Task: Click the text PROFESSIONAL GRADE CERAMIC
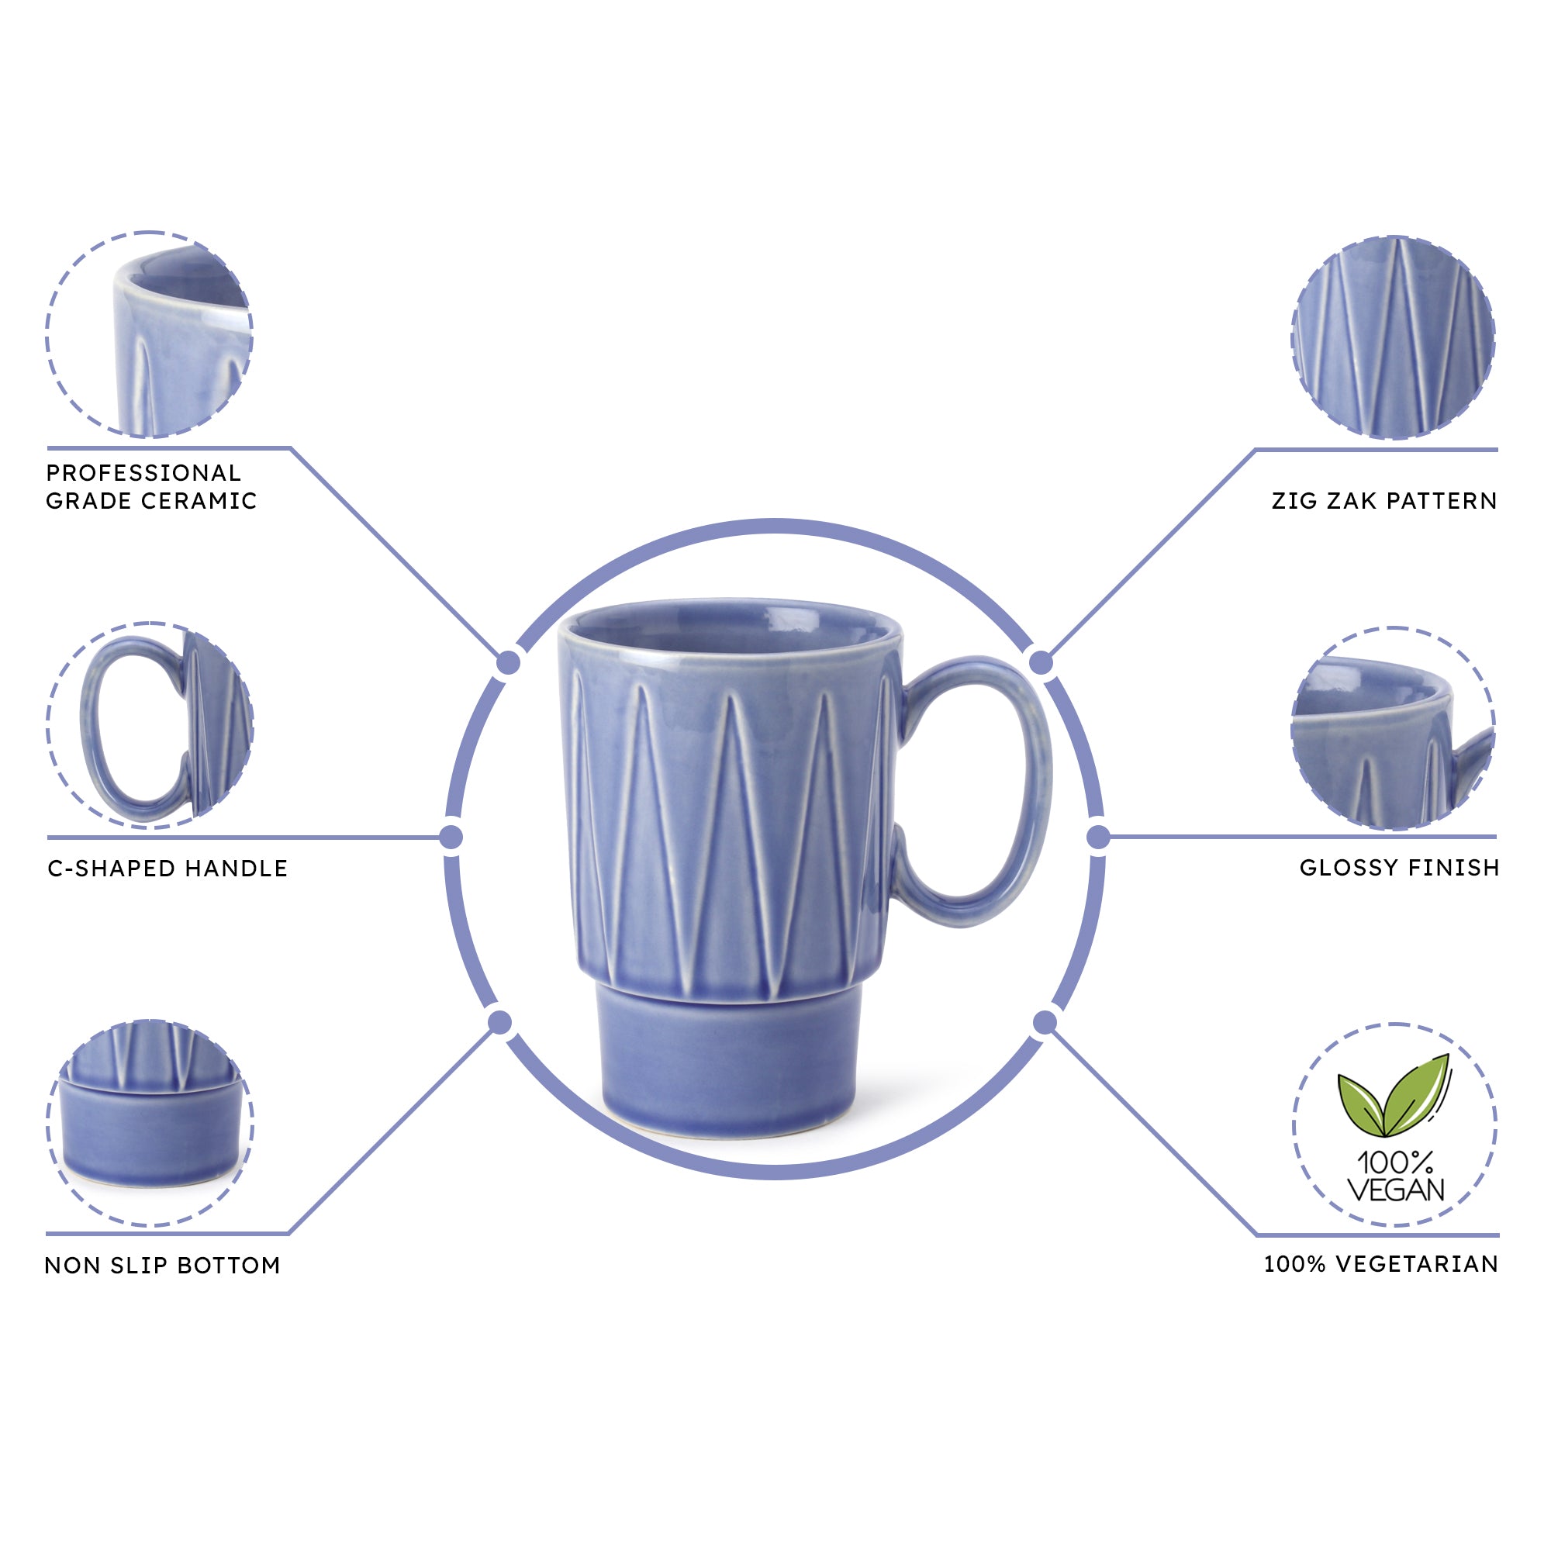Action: [151, 486]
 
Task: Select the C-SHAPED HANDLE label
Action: [167, 869]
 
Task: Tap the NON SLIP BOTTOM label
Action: [162, 1266]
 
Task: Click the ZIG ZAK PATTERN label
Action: [1384, 501]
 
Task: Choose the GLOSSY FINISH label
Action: [1399, 868]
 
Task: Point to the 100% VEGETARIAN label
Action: [1381, 1264]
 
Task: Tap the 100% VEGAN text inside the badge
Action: [1395, 1176]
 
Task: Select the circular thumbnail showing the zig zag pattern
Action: [1394, 337]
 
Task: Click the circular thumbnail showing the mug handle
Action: [150, 725]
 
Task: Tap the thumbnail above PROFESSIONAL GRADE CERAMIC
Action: [150, 335]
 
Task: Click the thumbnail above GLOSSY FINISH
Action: [1394, 729]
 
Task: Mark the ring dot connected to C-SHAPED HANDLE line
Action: [452, 838]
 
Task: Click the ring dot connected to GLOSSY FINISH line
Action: [1097, 838]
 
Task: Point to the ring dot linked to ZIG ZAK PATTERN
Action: [1041, 663]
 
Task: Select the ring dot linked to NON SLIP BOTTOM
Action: [500, 1023]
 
